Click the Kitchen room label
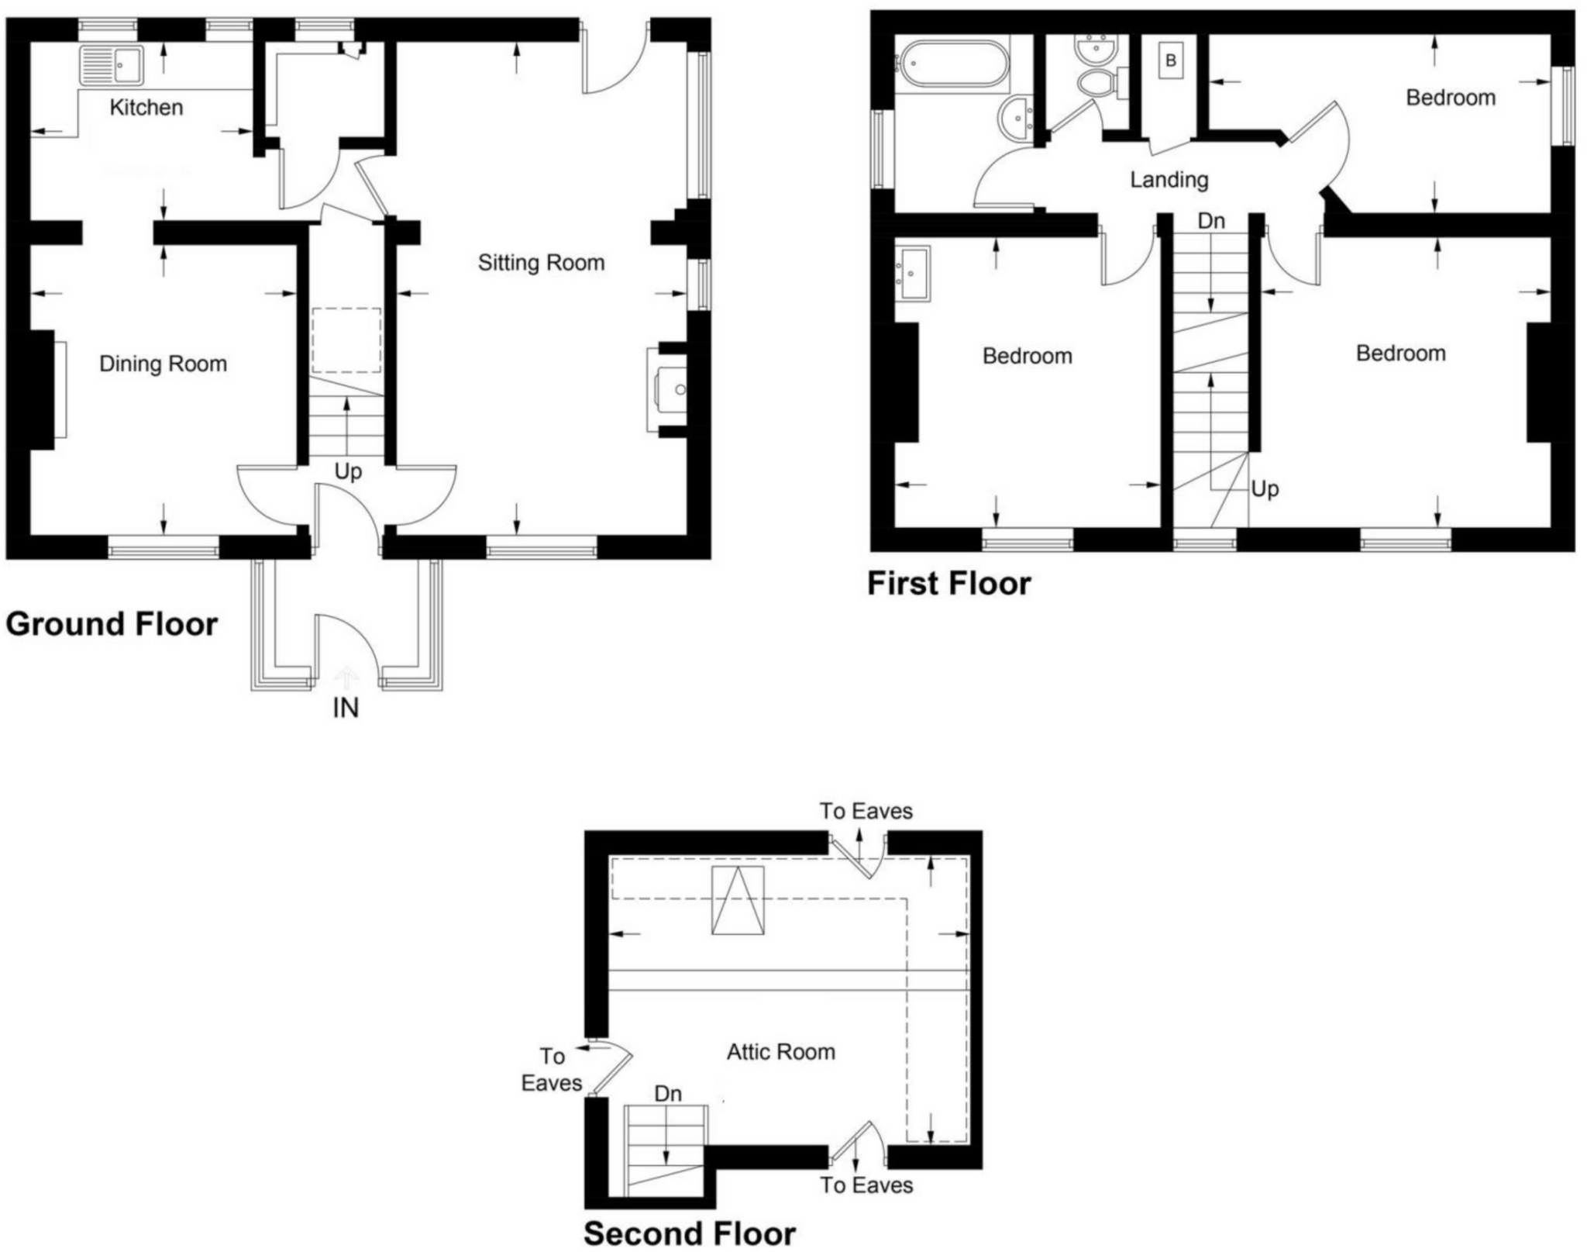pyautogui.click(x=146, y=107)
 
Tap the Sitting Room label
pyautogui.click(x=541, y=263)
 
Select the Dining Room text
pyautogui.click(x=163, y=364)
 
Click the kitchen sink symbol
pyautogui.click(x=112, y=64)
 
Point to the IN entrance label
pyautogui.click(x=346, y=708)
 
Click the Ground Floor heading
pyautogui.click(x=112, y=624)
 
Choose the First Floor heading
pyautogui.click(x=949, y=584)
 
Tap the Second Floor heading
pyautogui.click(x=690, y=1233)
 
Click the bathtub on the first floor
pyautogui.click(x=952, y=64)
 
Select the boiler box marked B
pyautogui.click(x=1171, y=60)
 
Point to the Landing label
pyautogui.click(x=1169, y=180)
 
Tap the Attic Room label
pyautogui.click(x=781, y=1052)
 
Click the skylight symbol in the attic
pyautogui.click(x=738, y=901)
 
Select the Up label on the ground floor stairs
pyautogui.click(x=348, y=471)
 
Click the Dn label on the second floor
pyautogui.click(x=668, y=1093)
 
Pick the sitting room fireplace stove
pyautogui.click(x=670, y=389)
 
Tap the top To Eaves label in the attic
pyautogui.click(x=866, y=811)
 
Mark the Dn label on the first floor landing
pyautogui.click(x=1211, y=221)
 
